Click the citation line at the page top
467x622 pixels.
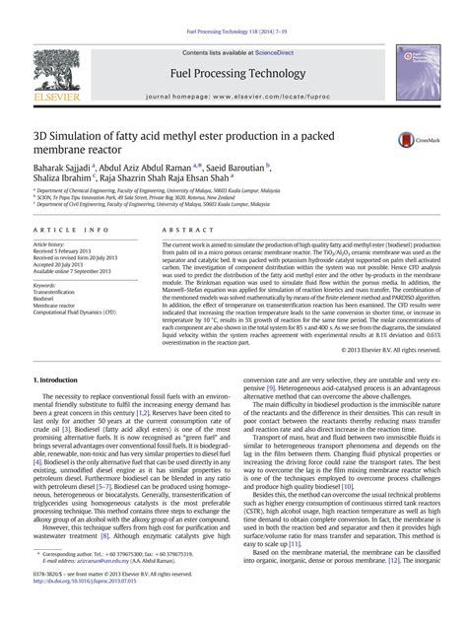(x=233, y=8)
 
